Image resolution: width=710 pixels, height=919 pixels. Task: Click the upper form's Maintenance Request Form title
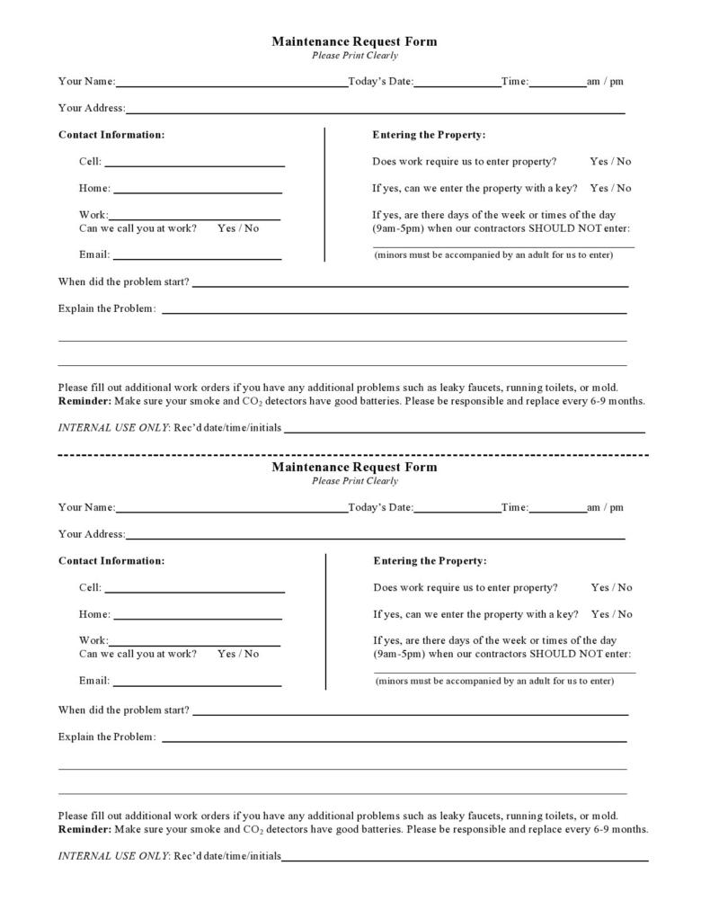pos(354,41)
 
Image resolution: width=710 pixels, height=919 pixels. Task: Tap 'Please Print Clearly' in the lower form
pos(354,481)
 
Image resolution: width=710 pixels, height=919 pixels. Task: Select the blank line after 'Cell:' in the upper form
pos(194,165)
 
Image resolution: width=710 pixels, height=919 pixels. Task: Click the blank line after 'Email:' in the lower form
pos(197,684)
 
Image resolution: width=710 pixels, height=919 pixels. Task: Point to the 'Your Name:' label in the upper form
pos(86,82)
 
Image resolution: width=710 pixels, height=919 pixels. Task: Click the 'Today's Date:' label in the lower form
pos(380,507)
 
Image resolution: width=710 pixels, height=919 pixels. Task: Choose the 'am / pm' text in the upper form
pos(605,82)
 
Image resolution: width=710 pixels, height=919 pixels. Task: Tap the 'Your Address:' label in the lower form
pos(92,534)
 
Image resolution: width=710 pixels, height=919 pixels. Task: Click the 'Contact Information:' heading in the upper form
pos(111,135)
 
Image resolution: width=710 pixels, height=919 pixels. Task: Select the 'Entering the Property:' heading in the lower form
pos(430,561)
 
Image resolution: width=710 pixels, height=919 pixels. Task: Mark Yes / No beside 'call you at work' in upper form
pos(238,228)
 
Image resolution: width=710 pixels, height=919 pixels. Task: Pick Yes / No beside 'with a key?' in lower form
pos(611,614)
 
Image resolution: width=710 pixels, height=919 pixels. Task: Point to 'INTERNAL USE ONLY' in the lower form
pos(112,856)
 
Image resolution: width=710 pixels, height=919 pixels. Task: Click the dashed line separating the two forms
pos(354,455)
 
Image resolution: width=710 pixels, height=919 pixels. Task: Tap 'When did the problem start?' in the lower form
pos(124,710)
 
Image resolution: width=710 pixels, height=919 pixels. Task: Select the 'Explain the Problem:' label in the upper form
pos(107,308)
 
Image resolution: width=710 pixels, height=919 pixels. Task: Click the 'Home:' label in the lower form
pos(94,614)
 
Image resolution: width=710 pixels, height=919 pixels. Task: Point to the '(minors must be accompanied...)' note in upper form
pos(493,254)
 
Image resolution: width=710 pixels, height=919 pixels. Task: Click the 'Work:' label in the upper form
pos(93,215)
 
